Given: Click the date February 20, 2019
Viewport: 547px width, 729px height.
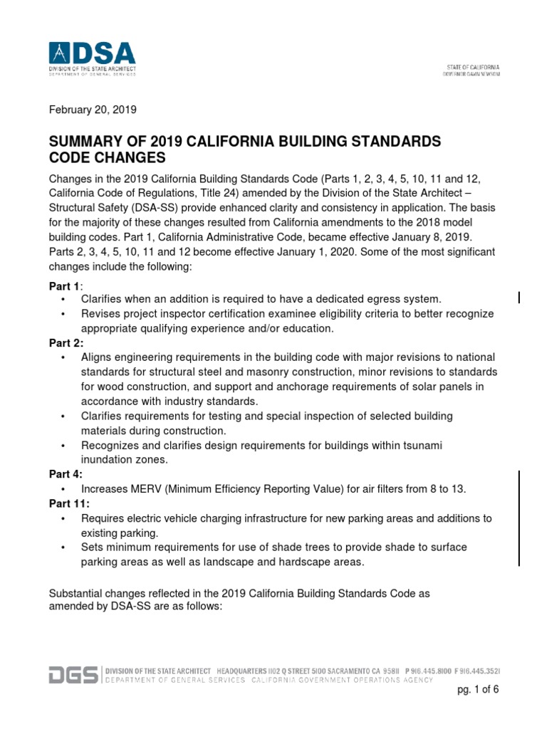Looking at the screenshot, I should (x=92, y=110).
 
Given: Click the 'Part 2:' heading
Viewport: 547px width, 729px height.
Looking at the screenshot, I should (x=66, y=342).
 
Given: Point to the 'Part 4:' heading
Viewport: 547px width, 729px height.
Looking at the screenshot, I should (x=66, y=473).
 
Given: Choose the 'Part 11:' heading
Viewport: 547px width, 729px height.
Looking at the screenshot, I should (x=69, y=503).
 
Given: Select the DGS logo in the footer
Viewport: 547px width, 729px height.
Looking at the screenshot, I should (x=74, y=675).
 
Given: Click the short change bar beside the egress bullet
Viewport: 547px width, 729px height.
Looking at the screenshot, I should (x=519, y=298).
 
